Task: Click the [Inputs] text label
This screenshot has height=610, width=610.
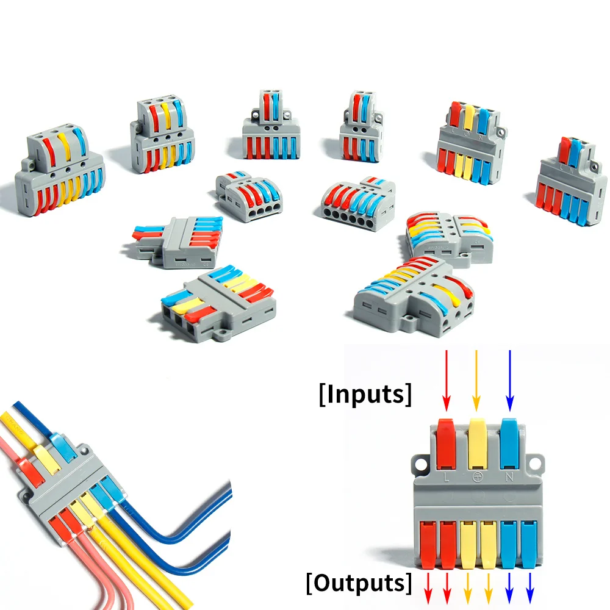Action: point(365,394)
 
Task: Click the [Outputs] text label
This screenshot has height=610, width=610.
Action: point(359,583)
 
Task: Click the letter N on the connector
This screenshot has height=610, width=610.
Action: point(509,475)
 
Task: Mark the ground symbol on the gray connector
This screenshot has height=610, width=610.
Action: point(478,475)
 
